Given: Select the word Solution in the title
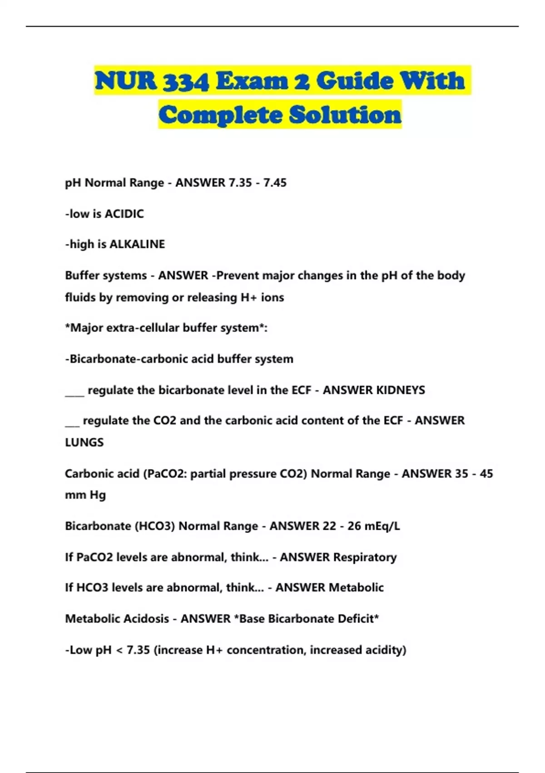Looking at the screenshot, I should point(345,115).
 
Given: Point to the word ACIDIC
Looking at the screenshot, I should point(124,214).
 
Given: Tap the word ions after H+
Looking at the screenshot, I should point(272,297).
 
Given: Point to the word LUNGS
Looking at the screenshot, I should point(84,442).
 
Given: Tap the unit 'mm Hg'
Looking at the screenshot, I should point(85,495).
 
